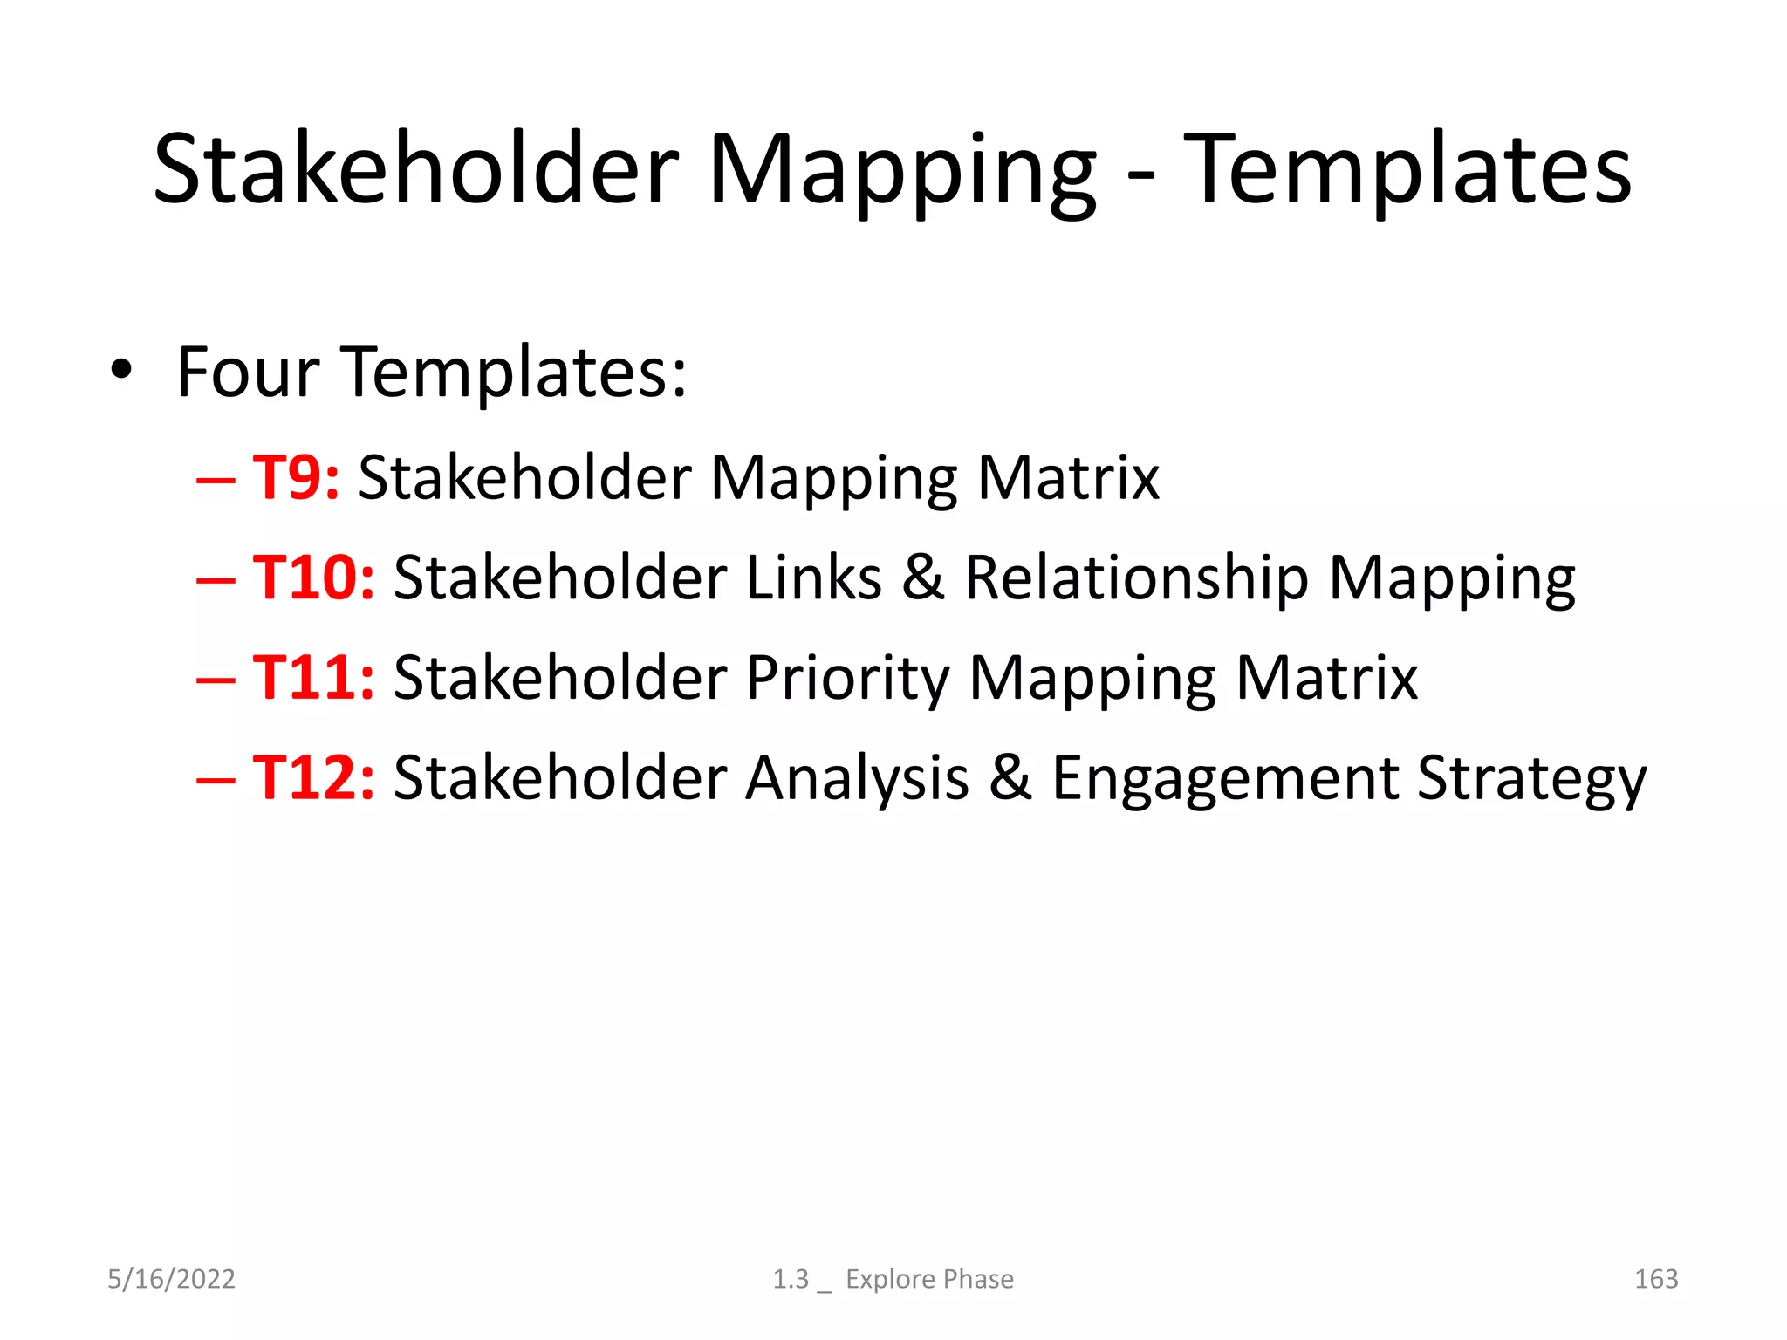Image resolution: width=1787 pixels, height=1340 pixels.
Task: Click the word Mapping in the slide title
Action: click(901, 170)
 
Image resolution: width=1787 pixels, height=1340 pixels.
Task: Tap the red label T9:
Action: click(296, 478)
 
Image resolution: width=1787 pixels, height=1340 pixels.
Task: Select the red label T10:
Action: click(314, 578)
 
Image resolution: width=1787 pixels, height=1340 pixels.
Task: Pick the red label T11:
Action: click(314, 678)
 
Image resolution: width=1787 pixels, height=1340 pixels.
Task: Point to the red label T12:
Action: click(314, 777)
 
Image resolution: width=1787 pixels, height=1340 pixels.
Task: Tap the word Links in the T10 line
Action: click(814, 578)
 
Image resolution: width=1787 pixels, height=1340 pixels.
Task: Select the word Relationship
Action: click(1136, 578)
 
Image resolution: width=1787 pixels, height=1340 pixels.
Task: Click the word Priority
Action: click(846, 678)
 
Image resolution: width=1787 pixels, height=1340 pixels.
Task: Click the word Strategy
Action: click(1531, 777)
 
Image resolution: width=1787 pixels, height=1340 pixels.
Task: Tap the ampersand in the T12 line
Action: click(1010, 777)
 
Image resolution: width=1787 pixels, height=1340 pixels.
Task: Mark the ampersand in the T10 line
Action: click(923, 578)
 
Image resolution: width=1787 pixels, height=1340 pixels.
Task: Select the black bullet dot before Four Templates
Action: click(121, 370)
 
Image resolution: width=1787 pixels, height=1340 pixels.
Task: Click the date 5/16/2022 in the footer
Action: click(171, 1279)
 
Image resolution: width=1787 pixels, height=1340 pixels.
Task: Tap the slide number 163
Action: click(1655, 1279)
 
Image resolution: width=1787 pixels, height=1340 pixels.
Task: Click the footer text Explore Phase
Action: click(929, 1279)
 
